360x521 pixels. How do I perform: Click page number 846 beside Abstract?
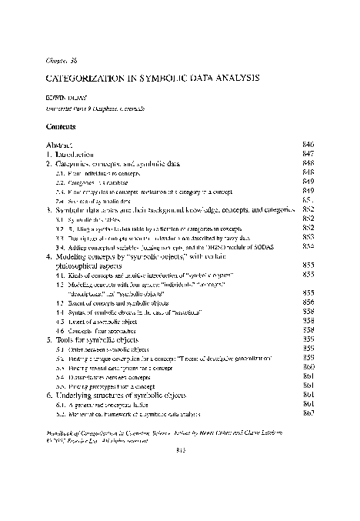309,144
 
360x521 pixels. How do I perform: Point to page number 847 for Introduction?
309,155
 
